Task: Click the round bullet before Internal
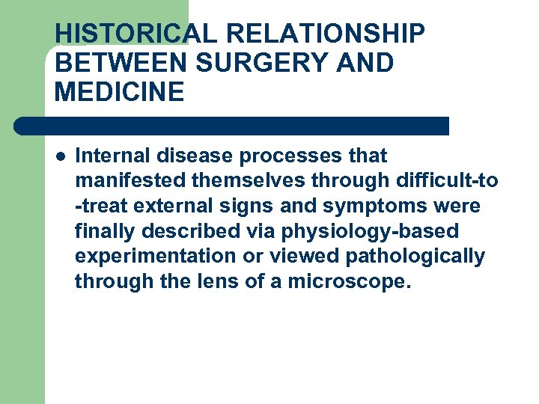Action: [60, 156]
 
